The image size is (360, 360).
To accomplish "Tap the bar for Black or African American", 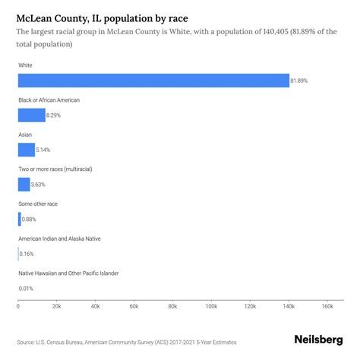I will pyautogui.click(x=31, y=115).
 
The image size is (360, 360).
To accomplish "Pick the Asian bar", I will pyautogui.click(x=27, y=150).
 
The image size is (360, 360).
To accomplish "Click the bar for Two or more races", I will pyautogui.click(x=24, y=185).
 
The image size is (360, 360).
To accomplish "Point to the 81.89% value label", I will pyautogui.click(x=302, y=81).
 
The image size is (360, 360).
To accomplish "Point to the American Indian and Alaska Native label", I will pyautogui.click(x=69, y=238).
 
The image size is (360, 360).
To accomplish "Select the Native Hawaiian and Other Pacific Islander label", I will pyautogui.click(x=78, y=273).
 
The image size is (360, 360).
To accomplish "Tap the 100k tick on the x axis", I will pyautogui.click(x=211, y=308).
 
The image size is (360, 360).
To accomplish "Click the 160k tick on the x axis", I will pyautogui.click(x=327, y=308).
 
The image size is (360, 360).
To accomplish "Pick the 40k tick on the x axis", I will pyautogui.click(x=95, y=308).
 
